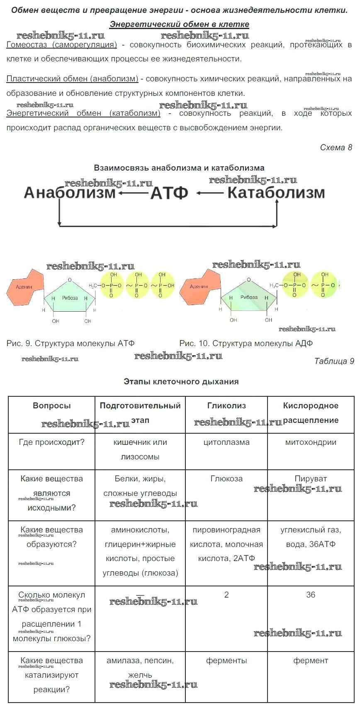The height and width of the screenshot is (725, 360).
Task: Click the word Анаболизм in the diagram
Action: pos(70,193)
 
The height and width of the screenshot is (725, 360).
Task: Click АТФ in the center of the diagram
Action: pos(169,193)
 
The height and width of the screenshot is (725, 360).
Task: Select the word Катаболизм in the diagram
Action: pos(276,193)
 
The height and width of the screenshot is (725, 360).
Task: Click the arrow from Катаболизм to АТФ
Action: pos(210,193)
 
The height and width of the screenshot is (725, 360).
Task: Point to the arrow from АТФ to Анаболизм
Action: pos(133,193)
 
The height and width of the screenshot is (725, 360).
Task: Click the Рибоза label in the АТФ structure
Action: pos(70,298)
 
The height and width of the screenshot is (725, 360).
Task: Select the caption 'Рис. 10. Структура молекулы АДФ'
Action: pos(246,344)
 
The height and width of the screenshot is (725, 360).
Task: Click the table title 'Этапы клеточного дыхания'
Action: pos(181,382)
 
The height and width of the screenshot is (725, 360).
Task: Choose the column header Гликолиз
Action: pos(226,406)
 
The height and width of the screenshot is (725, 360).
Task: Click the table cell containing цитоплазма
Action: pos(226,452)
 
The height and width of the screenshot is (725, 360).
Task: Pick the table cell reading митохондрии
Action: pos(311,452)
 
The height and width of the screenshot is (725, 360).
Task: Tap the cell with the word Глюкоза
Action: pos(226,495)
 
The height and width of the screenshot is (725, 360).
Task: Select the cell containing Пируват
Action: pos(311,495)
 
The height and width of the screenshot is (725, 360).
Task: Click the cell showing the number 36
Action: pos(311,618)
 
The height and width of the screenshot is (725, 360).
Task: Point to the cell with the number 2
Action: pos(226,618)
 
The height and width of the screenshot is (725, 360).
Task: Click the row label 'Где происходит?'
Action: pos(52,442)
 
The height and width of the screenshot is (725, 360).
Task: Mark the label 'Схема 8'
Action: pos(336,148)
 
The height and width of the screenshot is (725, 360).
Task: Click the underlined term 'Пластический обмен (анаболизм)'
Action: pos(73,79)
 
